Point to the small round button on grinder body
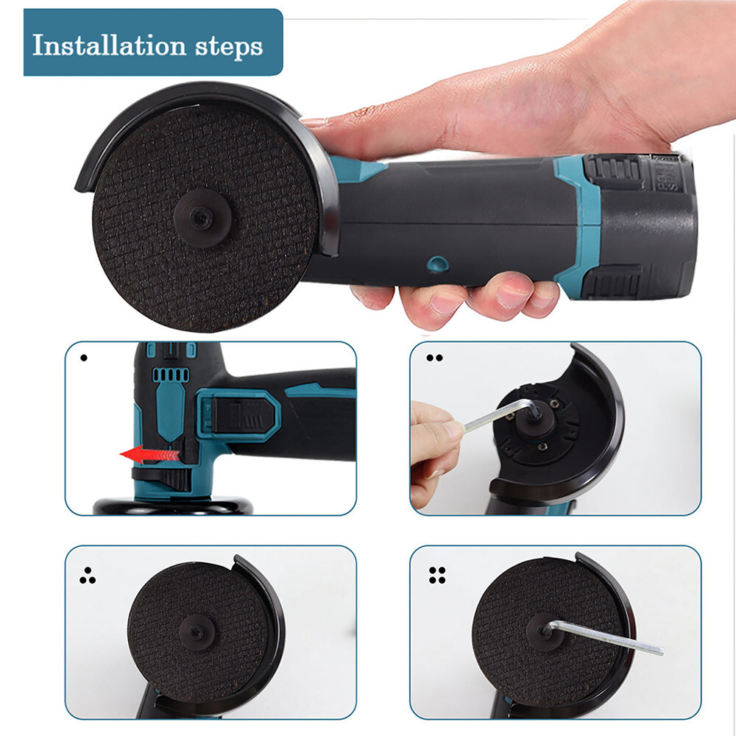coord(437,263)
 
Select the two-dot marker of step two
coord(435,358)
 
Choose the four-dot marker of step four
coord(436,575)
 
